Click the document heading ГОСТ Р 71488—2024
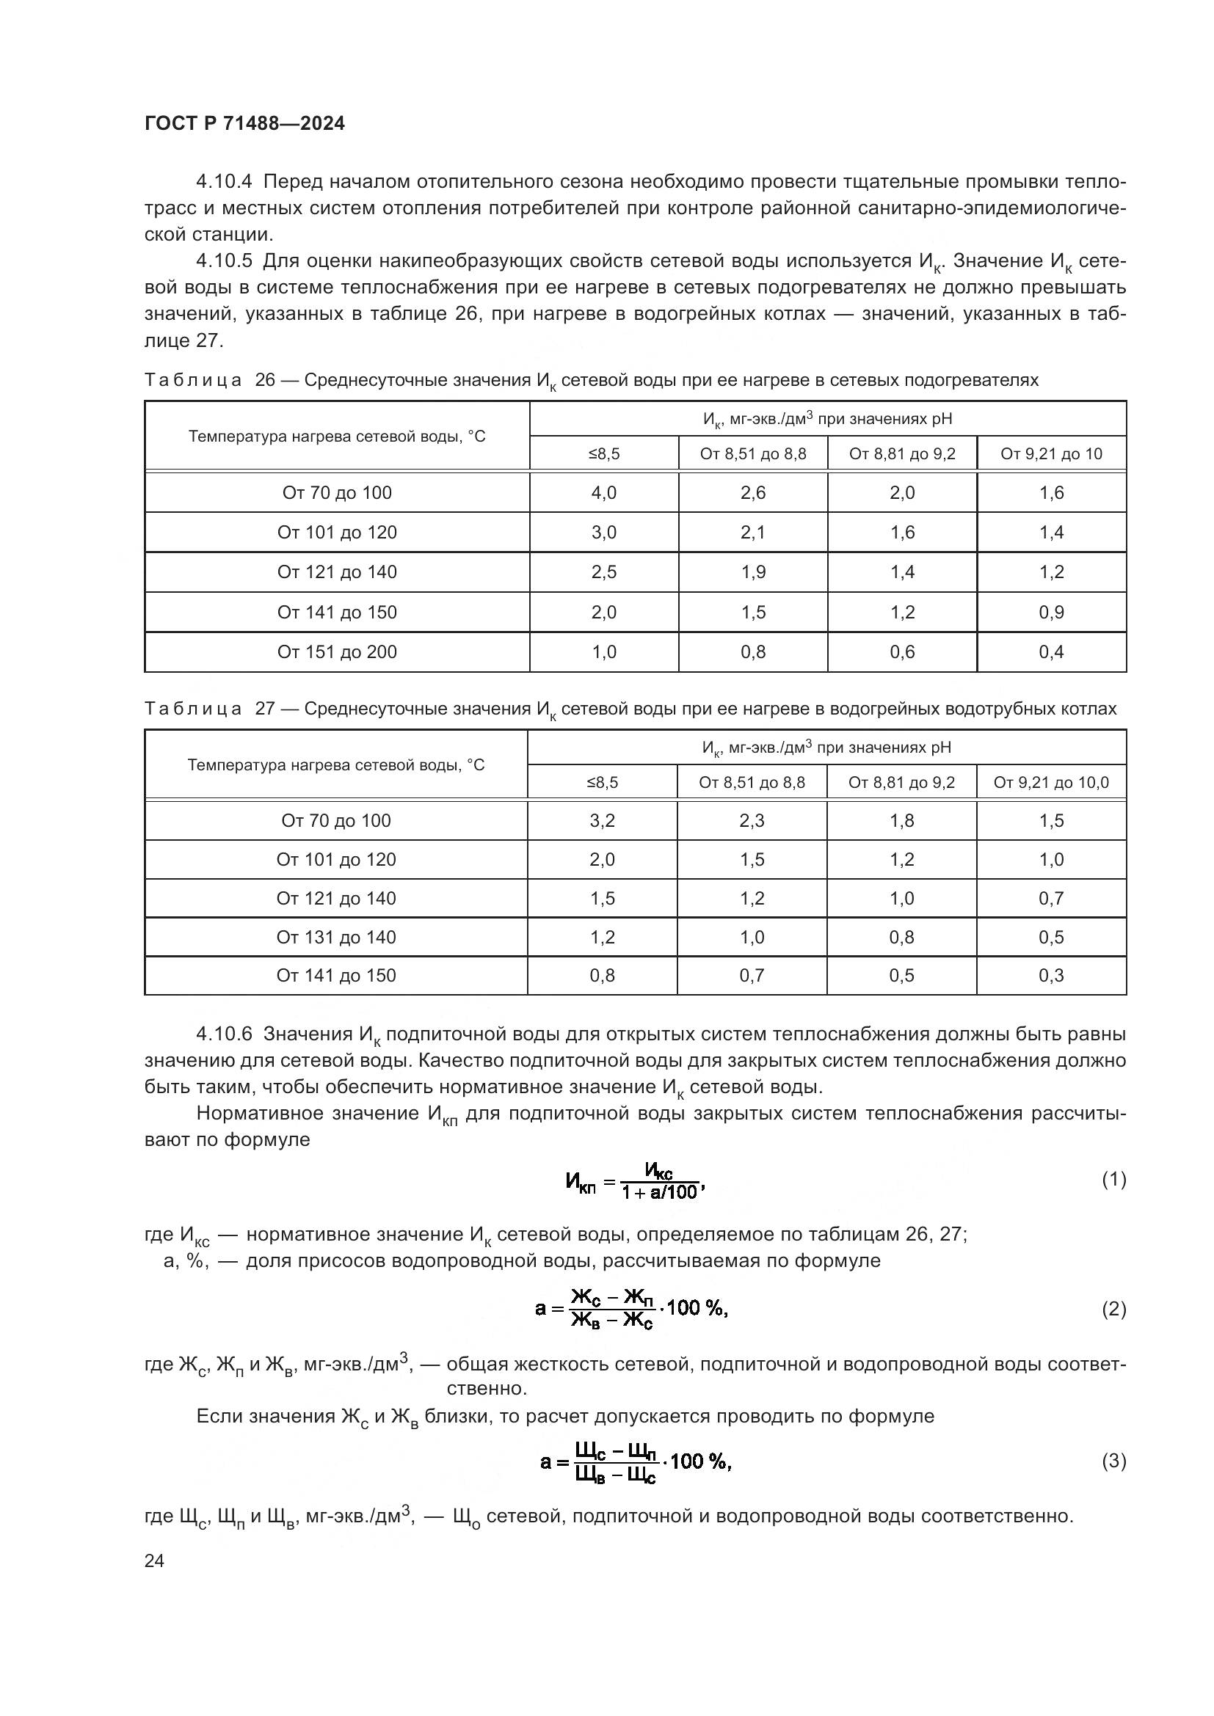(x=244, y=124)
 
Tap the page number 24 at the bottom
(x=154, y=1560)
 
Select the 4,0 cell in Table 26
(x=603, y=492)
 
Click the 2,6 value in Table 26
(x=753, y=492)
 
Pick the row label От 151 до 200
(x=336, y=651)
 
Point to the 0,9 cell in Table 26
(x=1051, y=612)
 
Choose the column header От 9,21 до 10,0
(x=1050, y=783)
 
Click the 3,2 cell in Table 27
(x=602, y=821)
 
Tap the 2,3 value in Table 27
(x=752, y=821)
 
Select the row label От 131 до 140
(x=335, y=937)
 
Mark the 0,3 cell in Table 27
(x=1050, y=975)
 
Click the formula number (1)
(x=1113, y=1180)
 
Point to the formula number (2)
(x=1113, y=1309)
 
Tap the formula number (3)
(x=1113, y=1461)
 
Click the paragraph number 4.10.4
(x=225, y=182)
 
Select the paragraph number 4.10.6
(x=225, y=1034)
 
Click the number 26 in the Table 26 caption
(x=265, y=380)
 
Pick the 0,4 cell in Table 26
(x=1051, y=651)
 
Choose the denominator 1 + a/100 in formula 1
(x=658, y=1192)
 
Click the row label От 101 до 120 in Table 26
(x=336, y=532)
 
